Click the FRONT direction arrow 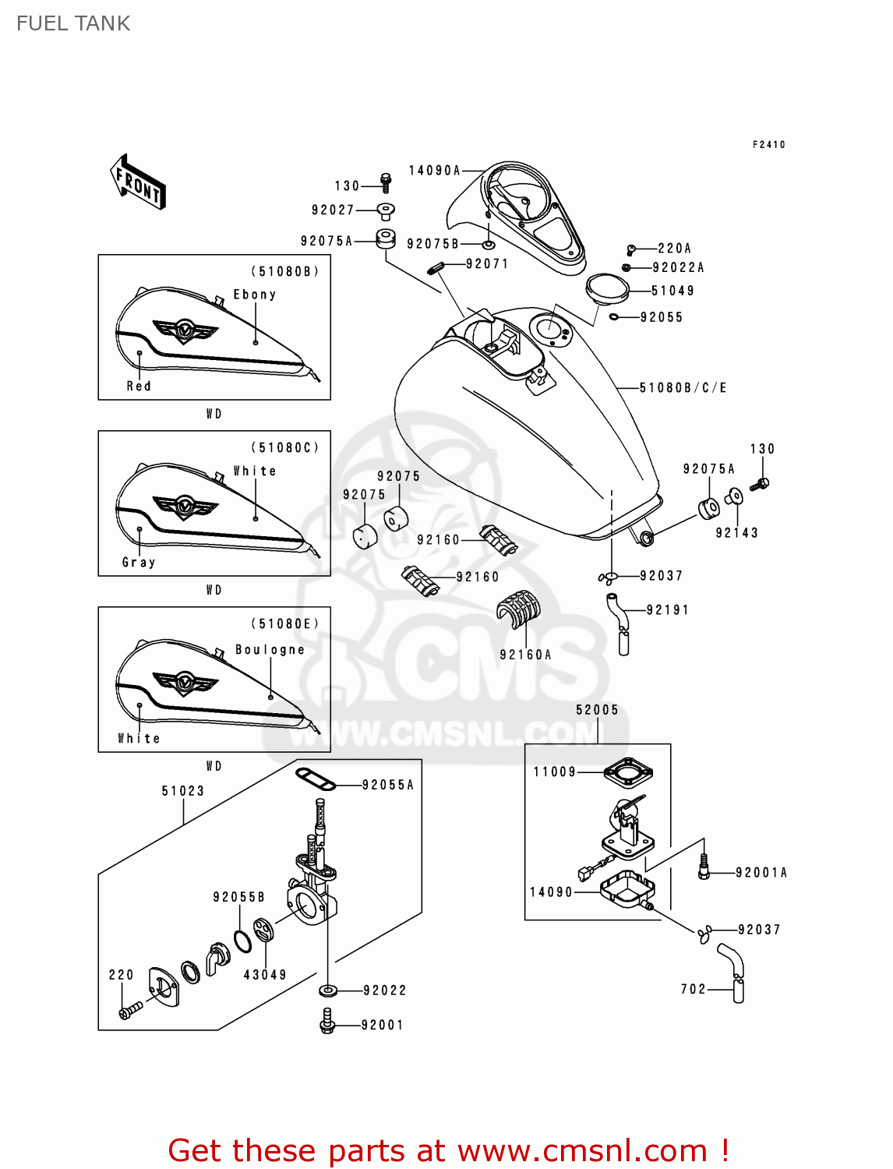(138, 182)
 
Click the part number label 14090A (434, 171)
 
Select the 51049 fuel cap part (607, 288)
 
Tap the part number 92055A (387, 785)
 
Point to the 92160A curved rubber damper (518, 609)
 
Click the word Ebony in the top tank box (255, 295)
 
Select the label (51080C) (284, 447)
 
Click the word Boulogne (270, 649)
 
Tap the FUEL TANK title (73, 23)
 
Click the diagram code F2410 (768, 144)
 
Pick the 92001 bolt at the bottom (327, 1022)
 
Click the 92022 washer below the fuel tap (328, 991)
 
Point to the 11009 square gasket (627, 772)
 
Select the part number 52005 (597, 710)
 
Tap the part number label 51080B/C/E (683, 387)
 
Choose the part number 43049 (265, 974)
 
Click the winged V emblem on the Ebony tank (184, 330)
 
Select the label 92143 (736, 533)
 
